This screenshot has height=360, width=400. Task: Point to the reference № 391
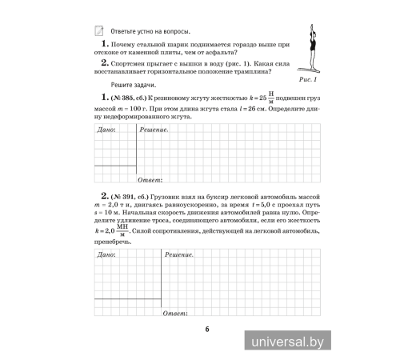[x=122, y=196]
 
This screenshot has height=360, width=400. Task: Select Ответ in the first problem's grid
[x=150, y=180]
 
